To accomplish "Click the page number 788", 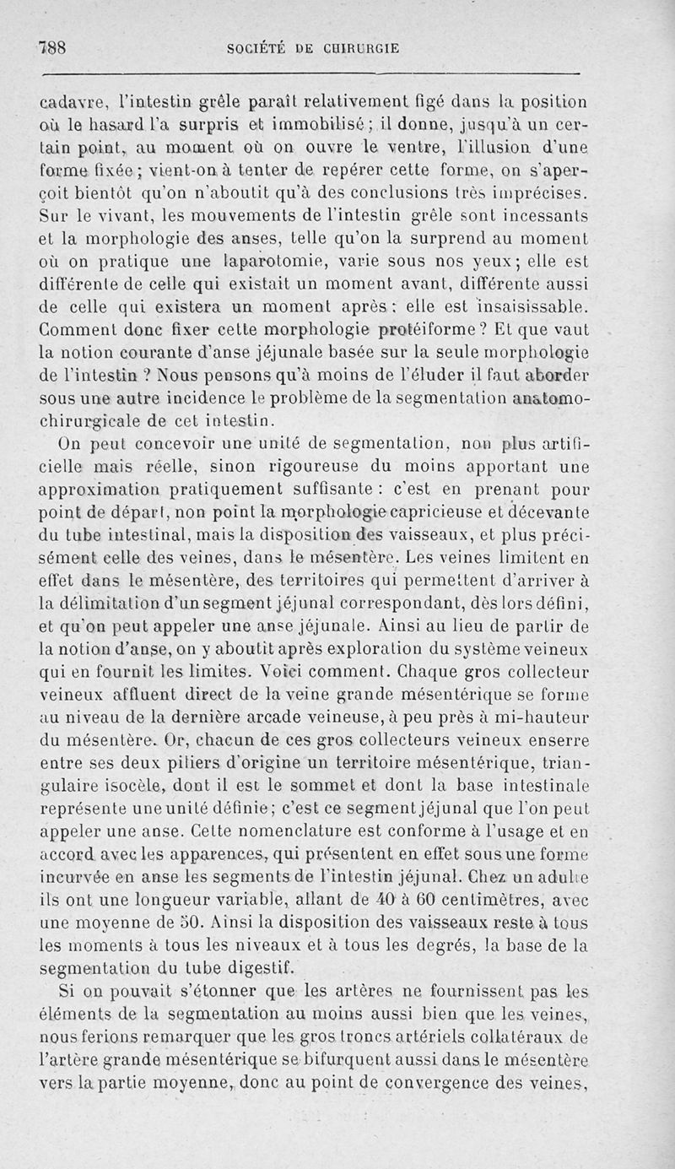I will [52, 48].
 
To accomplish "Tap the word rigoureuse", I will [337, 464].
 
